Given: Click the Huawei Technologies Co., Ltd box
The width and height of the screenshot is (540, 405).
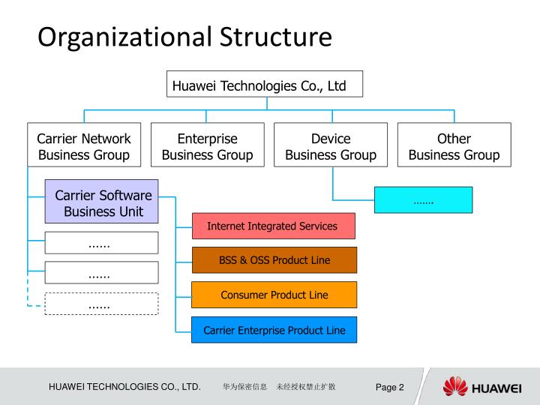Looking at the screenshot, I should [264, 85].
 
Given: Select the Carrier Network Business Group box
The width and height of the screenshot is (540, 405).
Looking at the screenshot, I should [84, 147].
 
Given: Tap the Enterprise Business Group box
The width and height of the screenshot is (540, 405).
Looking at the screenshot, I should [207, 147].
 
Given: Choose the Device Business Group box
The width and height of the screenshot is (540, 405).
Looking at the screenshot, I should [331, 147].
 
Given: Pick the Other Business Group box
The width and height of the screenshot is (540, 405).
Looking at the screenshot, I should [454, 147].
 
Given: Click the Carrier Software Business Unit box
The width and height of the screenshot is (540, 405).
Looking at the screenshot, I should [102, 202].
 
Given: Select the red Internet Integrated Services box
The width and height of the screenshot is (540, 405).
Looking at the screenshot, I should [273, 226].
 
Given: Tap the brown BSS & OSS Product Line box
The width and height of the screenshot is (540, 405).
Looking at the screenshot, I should [274, 260].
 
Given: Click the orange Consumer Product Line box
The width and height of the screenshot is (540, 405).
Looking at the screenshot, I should [274, 295].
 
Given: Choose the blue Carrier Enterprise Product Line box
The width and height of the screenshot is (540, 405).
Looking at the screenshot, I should [274, 330].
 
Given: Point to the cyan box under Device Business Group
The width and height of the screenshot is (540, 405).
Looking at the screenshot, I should [424, 200].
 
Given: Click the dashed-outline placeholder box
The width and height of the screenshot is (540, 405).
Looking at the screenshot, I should [102, 304].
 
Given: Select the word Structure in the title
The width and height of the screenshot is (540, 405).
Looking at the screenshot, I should [276, 37].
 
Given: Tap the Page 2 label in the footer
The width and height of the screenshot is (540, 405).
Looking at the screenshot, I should [390, 387].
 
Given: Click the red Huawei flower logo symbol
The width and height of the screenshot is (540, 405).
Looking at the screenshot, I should [454, 387].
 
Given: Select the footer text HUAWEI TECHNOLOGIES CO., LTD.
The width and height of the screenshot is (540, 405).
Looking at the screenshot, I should [124, 387].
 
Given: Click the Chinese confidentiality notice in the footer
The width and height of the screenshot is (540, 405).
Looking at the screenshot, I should [278, 387].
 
